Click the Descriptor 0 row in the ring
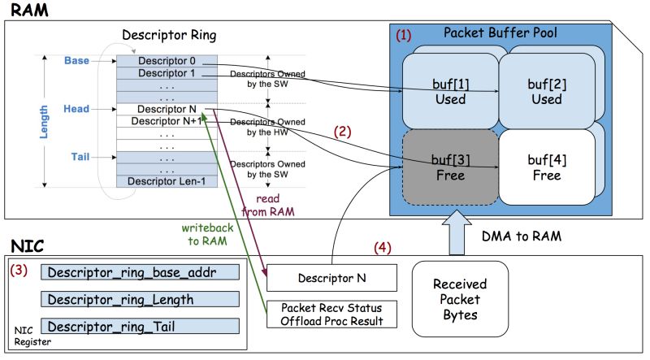[167, 61]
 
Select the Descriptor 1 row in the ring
[167, 73]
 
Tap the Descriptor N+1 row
[167, 121]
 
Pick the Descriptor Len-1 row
[167, 181]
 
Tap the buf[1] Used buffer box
[449, 93]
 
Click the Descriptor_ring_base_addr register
[141, 272]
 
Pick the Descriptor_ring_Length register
[141, 300]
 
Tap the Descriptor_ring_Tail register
[141, 327]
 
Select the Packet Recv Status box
[332, 314]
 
